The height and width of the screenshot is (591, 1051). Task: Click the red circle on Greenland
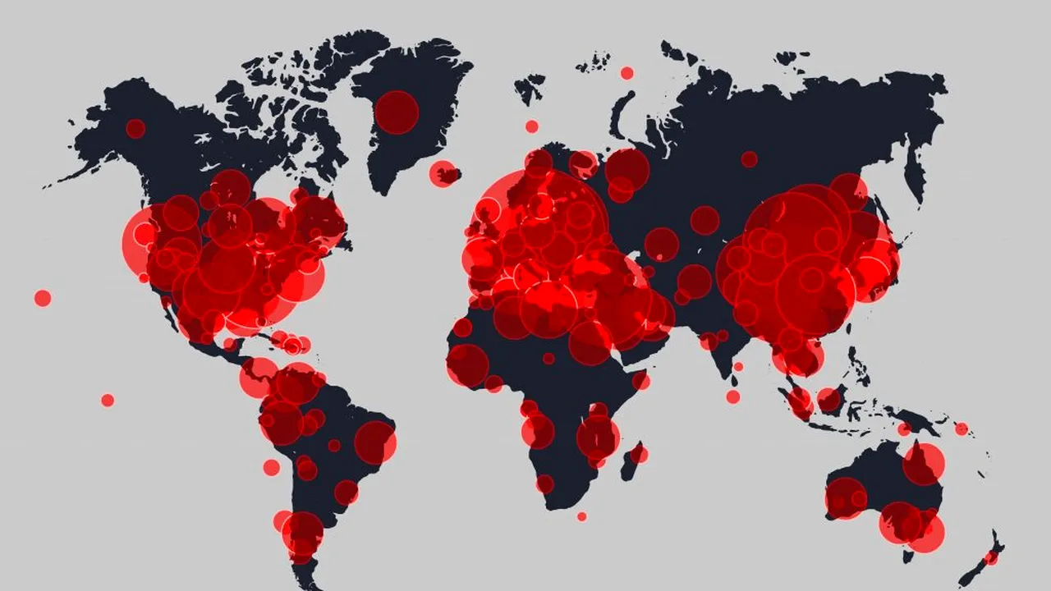click(x=397, y=112)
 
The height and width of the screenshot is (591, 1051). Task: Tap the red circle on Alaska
click(x=135, y=128)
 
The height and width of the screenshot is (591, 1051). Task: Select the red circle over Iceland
click(x=443, y=173)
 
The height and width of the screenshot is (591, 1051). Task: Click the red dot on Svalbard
click(x=626, y=73)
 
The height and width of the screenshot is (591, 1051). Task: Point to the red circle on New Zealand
click(x=991, y=557)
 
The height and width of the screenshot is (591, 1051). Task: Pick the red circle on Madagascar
click(x=639, y=454)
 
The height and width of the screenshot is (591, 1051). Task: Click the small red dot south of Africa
click(x=581, y=516)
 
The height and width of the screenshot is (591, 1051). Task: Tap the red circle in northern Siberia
click(x=749, y=159)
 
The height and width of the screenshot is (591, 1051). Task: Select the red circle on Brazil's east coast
click(x=375, y=442)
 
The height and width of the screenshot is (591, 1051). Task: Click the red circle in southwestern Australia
click(x=846, y=498)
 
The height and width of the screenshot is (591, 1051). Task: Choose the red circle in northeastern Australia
click(x=924, y=464)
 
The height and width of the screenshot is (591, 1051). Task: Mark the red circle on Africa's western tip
click(x=467, y=365)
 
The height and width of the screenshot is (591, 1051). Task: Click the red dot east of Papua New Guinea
click(x=961, y=428)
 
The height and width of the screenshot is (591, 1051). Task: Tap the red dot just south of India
click(x=732, y=396)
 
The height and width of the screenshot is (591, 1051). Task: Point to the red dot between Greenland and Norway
click(x=531, y=126)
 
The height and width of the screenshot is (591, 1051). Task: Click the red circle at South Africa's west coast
click(x=545, y=484)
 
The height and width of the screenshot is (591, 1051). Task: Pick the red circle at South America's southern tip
click(x=302, y=534)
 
